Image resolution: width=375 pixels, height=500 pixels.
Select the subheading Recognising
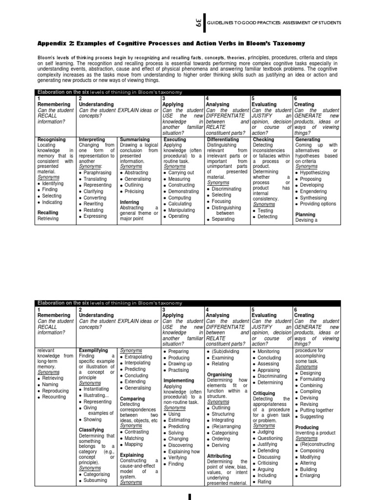[52, 140]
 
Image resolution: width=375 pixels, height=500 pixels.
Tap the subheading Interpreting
[92, 140]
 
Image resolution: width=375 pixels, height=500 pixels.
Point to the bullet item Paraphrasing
[97, 172]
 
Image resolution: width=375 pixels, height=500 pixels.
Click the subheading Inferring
[130, 202]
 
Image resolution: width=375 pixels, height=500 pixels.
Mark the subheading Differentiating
[223, 140]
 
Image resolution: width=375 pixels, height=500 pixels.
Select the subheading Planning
[306, 214]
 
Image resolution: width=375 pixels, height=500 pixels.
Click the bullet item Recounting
[54, 397]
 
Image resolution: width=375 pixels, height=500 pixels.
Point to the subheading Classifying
[91, 430]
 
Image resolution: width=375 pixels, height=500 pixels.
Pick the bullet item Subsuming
[95, 480]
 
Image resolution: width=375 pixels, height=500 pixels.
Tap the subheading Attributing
[219, 456]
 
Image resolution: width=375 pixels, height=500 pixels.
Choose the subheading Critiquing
[264, 393]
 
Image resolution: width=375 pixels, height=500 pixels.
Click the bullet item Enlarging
[311, 476]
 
